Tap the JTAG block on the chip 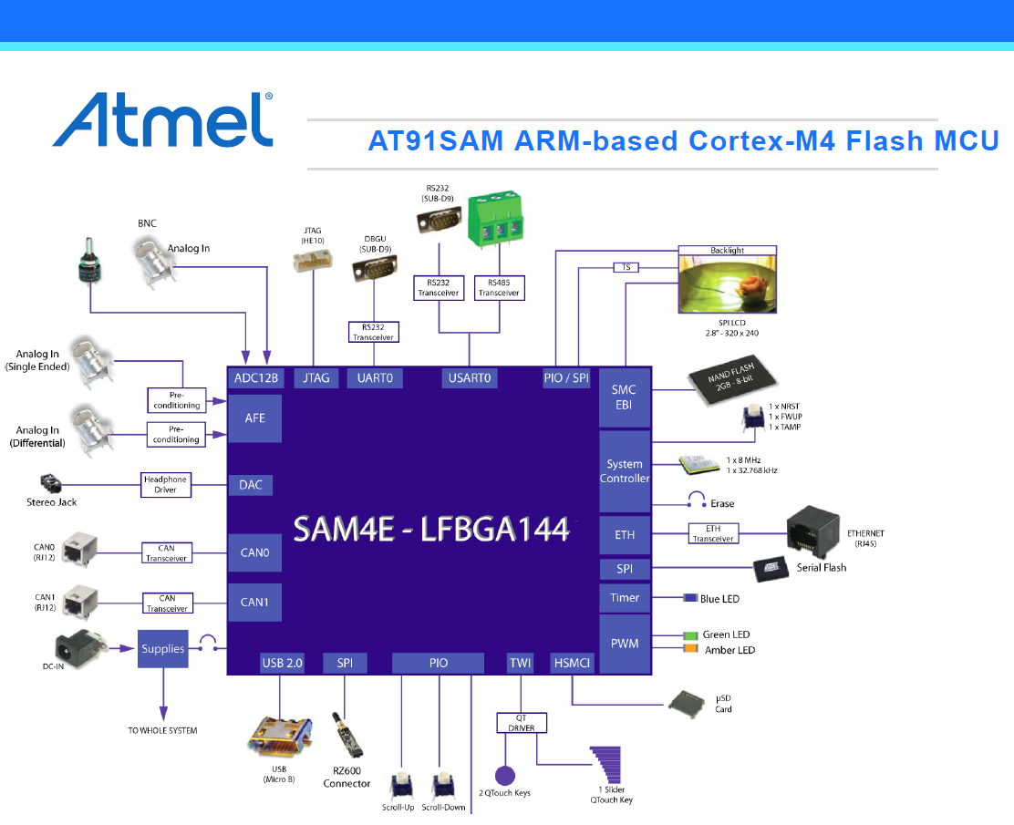pyautogui.click(x=316, y=377)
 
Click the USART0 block pyautogui.click(x=471, y=377)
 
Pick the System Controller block pyautogui.click(x=625, y=471)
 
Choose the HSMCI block pyautogui.click(x=572, y=664)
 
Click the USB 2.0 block pyautogui.click(x=282, y=664)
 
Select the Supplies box pyautogui.click(x=163, y=649)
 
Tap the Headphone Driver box pyautogui.click(x=165, y=485)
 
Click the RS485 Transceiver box pyautogui.click(x=499, y=288)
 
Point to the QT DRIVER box pyautogui.click(x=522, y=723)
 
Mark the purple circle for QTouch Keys pyautogui.click(x=504, y=776)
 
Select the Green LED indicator pyautogui.click(x=689, y=635)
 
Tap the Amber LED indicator pyautogui.click(x=689, y=650)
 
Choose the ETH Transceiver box pyautogui.click(x=713, y=533)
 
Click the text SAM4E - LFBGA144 pyautogui.click(x=431, y=530)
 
